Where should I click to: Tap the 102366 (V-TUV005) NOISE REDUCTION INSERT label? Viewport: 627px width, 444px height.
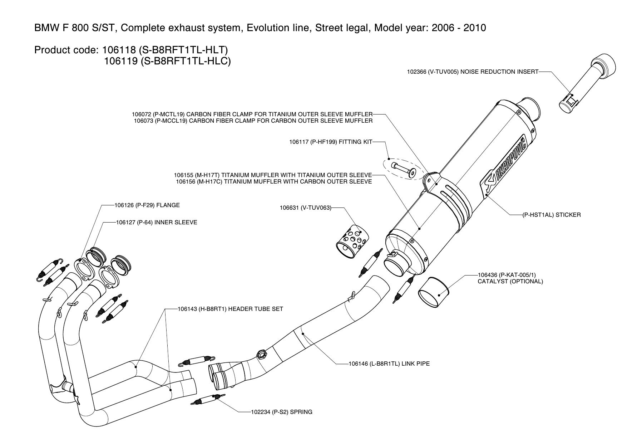(x=473, y=72)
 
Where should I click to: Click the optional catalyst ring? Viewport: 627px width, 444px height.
(x=434, y=292)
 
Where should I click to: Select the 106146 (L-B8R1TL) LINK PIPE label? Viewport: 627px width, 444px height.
(x=389, y=364)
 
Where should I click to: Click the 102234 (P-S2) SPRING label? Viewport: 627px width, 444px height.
(x=281, y=412)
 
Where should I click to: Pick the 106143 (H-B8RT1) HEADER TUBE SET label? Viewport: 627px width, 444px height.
(x=230, y=309)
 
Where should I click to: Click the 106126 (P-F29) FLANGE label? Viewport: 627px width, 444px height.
(x=147, y=205)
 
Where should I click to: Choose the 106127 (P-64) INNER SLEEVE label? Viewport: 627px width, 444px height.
(x=157, y=223)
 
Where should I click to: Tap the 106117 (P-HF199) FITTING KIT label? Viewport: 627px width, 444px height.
(x=331, y=142)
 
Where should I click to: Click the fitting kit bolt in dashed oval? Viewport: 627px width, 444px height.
(x=403, y=169)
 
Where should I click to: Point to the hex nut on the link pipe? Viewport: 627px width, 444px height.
(x=261, y=355)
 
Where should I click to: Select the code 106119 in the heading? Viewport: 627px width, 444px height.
(x=120, y=61)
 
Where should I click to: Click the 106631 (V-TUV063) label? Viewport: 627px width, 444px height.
(x=305, y=208)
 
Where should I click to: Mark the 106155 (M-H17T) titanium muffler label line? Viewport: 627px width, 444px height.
(x=273, y=175)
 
